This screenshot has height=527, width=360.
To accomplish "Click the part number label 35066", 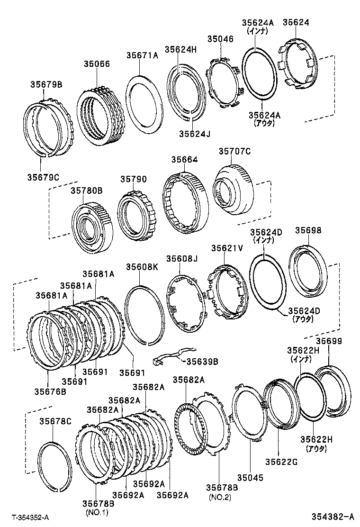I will click(x=97, y=64).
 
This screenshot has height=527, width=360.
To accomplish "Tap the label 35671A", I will click(x=142, y=55).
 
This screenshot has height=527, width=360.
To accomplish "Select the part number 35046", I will click(x=220, y=39).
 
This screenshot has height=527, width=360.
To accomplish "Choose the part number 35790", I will click(x=133, y=180).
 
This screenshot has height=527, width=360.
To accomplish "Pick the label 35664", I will click(x=184, y=160).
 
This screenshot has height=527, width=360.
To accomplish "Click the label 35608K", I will click(x=142, y=267).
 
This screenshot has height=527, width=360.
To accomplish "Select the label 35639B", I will click(x=201, y=362).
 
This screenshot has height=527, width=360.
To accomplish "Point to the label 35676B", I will click(x=50, y=391).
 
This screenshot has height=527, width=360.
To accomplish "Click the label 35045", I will click(x=251, y=478).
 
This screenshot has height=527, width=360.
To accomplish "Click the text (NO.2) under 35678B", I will click(x=218, y=497).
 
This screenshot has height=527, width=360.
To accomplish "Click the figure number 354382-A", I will click(x=333, y=516).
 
